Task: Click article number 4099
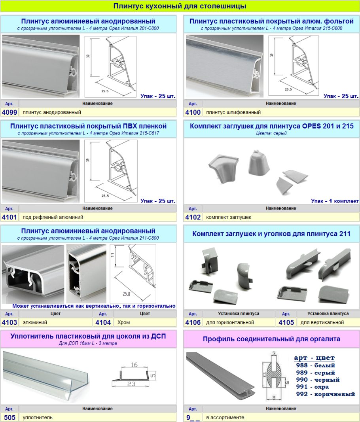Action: coord(9,112)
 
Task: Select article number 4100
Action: coord(193,112)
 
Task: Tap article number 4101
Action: coord(9,217)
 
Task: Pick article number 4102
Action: coord(193,217)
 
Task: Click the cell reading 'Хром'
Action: coord(123,322)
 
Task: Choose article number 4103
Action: coord(9,322)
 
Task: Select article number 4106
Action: coord(193,322)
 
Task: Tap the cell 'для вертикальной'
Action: coord(322,322)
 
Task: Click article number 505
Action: coord(10,417)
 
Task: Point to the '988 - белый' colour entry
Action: coord(315,365)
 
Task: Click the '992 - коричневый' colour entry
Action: coord(325,394)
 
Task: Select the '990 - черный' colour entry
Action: coord(317,380)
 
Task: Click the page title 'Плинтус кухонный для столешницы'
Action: coord(180,6)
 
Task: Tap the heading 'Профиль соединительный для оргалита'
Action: coord(271,339)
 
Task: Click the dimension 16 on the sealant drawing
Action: coord(134,365)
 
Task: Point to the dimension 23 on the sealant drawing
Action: coord(131,384)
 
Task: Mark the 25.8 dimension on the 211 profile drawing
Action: coord(126,294)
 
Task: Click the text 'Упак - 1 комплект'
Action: coord(335,201)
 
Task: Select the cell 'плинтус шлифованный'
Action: coord(233,112)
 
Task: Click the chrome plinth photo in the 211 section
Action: coord(86,274)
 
